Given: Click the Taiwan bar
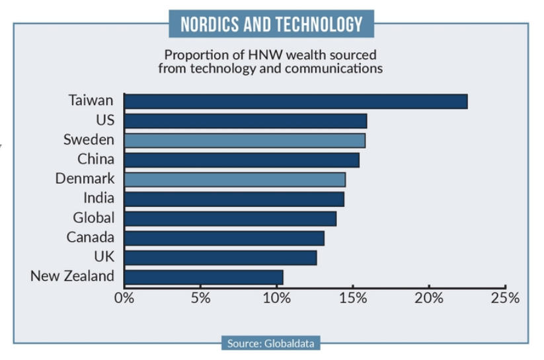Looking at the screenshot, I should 295,101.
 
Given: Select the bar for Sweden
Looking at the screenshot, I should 245,140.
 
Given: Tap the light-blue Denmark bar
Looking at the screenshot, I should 235,179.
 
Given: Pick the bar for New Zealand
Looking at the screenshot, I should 204,277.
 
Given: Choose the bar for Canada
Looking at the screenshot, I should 224,238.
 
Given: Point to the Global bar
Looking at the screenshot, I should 230,218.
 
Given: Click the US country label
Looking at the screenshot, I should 104,120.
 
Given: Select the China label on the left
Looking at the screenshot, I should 96,159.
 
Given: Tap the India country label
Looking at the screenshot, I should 98,198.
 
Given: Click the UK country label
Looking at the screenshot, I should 104,257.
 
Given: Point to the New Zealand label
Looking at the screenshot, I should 72,277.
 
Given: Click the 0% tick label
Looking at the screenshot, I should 124,298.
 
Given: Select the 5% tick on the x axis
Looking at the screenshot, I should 200,298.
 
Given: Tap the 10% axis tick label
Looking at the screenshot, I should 276,298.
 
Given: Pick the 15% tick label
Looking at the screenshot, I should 353,298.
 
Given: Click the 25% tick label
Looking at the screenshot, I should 505,298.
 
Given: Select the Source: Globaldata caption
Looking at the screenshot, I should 271,343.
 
